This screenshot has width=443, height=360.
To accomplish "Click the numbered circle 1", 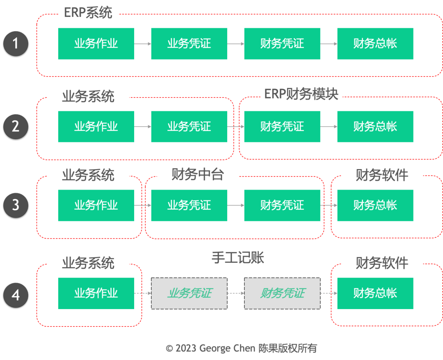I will [x=16, y=44].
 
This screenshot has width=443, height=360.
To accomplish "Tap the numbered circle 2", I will [x=16, y=126].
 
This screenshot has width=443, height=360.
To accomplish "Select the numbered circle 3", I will [x=16, y=205].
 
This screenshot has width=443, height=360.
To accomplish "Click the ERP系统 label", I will [x=88, y=13].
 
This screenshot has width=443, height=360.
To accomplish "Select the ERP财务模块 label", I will [x=301, y=94].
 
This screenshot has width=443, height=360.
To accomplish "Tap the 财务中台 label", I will [x=198, y=175].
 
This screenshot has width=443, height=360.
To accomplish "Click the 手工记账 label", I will [x=238, y=258].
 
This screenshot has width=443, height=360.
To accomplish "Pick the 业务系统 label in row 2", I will [x=88, y=97].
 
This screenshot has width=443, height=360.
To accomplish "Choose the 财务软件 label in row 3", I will [x=382, y=175].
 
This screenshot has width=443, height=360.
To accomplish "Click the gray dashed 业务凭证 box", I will [x=189, y=293].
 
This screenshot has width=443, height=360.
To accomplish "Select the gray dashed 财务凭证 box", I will [x=282, y=293].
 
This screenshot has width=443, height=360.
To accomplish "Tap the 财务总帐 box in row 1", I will [x=375, y=44].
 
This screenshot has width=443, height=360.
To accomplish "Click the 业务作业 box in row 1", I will [x=96, y=44].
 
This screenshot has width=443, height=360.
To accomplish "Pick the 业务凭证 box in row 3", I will [x=189, y=205].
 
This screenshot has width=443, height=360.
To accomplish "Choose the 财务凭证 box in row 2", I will [x=282, y=126].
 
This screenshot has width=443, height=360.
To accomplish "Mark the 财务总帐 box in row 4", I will [x=375, y=293].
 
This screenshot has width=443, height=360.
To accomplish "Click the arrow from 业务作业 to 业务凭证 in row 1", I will [x=143, y=44].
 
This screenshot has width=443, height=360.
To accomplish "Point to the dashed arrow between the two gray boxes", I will [x=236, y=293].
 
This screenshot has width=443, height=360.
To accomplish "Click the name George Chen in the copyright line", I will [x=228, y=349].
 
